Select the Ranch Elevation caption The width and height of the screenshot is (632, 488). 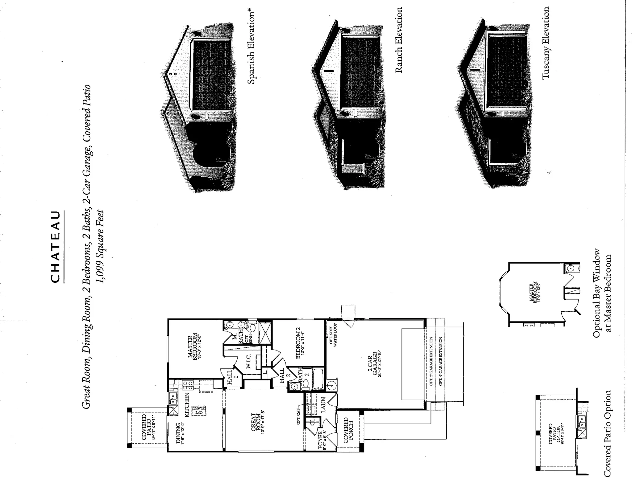399,40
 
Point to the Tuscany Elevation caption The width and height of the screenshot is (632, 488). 546,43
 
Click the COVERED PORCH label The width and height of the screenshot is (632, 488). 348,430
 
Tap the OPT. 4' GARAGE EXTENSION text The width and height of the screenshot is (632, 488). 440,361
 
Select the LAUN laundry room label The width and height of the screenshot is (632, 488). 323,404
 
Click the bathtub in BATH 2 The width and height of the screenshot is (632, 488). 318,379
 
